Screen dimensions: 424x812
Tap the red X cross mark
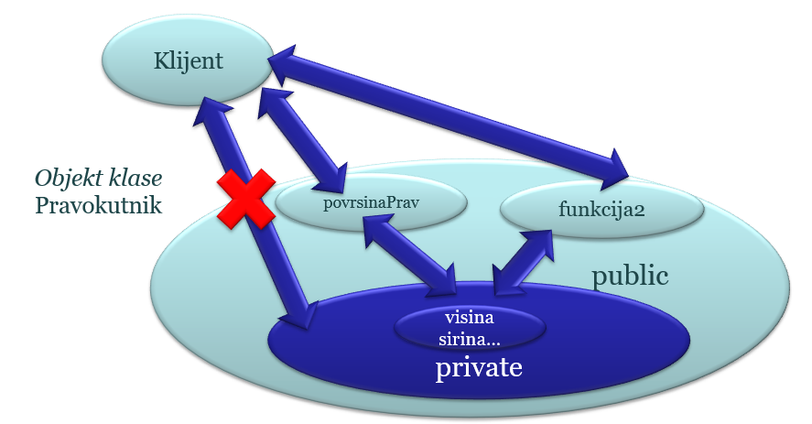pyautogui.click(x=245, y=201)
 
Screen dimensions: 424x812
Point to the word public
pyautogui.click(x=631, y=276)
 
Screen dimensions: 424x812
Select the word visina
pyautogui.click(x=470, y=320)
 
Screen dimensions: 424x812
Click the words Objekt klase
pyautogui.click(x=100, y=177)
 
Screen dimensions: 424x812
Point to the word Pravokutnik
pyautogui.click(x=99, y=204)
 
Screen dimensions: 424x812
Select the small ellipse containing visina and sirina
pyautogui.click(x=470, y=328)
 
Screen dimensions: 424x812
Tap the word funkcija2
pyautogui.click(x=601, y=210)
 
